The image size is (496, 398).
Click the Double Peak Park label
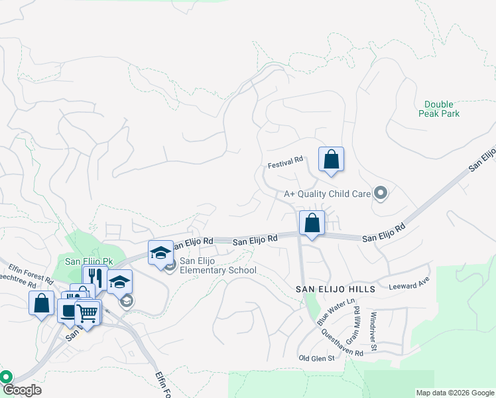(x=439, y=109)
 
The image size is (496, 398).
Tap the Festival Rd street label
(x=285, y=160)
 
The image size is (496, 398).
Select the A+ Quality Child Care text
(x=326, y=194)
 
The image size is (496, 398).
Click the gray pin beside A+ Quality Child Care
(x=381, y=193)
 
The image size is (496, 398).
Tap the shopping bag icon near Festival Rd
(x=332, y=160)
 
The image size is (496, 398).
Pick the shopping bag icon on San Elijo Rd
(x=312, y=224)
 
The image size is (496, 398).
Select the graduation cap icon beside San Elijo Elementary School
(x=160, y=253)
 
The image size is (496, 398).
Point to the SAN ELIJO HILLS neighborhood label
(x=336, y=289)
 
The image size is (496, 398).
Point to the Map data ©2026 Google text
(x=455, y=393)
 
